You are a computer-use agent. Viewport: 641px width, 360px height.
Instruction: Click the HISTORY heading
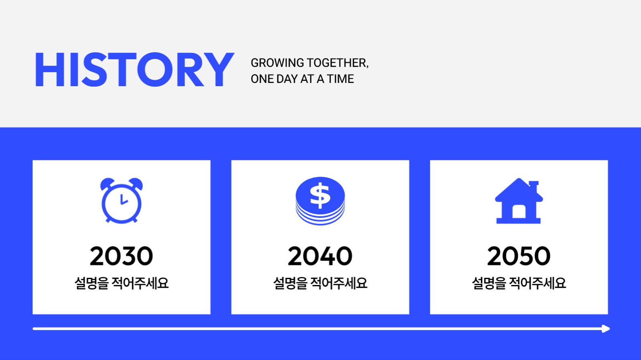134,70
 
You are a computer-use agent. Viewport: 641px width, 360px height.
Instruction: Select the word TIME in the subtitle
340,79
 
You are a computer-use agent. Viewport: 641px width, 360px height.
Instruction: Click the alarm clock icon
122,200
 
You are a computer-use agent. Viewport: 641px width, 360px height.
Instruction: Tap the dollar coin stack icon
320,200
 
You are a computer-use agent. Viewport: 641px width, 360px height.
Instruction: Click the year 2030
122,256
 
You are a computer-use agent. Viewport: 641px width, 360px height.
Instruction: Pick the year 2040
320,256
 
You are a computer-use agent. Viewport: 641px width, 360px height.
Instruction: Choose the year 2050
519,256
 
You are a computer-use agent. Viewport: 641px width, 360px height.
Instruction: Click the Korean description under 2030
122,283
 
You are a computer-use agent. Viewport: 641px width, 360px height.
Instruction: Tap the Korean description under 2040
320,283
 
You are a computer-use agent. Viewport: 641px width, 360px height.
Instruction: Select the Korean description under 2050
519,283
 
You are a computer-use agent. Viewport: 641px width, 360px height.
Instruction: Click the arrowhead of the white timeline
606,329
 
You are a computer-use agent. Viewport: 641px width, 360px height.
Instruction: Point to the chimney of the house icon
534,186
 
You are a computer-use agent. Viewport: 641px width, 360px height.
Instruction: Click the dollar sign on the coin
320,195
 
